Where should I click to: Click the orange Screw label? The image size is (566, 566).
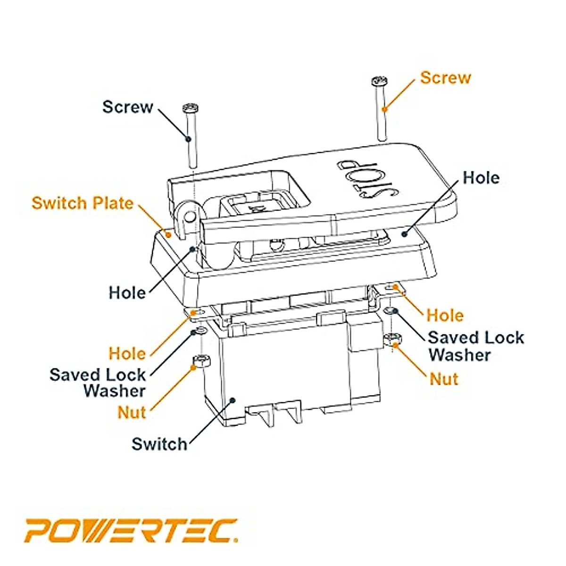[445, 77]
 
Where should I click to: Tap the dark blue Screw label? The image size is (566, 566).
[128, 107]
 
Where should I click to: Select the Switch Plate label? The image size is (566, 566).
[83, 203]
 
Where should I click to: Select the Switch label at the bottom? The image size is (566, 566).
[159, 444]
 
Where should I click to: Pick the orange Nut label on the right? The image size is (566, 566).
[444, 379]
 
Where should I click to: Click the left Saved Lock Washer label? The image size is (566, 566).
[98, 383]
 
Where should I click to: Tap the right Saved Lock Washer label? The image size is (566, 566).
[476, 346]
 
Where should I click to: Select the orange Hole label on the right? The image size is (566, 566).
[445, 315]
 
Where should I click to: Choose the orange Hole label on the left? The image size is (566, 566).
[127, 353]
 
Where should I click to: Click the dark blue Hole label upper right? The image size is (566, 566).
[481, 178]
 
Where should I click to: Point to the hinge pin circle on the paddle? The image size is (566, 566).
[190, 216]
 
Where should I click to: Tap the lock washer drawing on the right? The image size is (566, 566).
[390, 311]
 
